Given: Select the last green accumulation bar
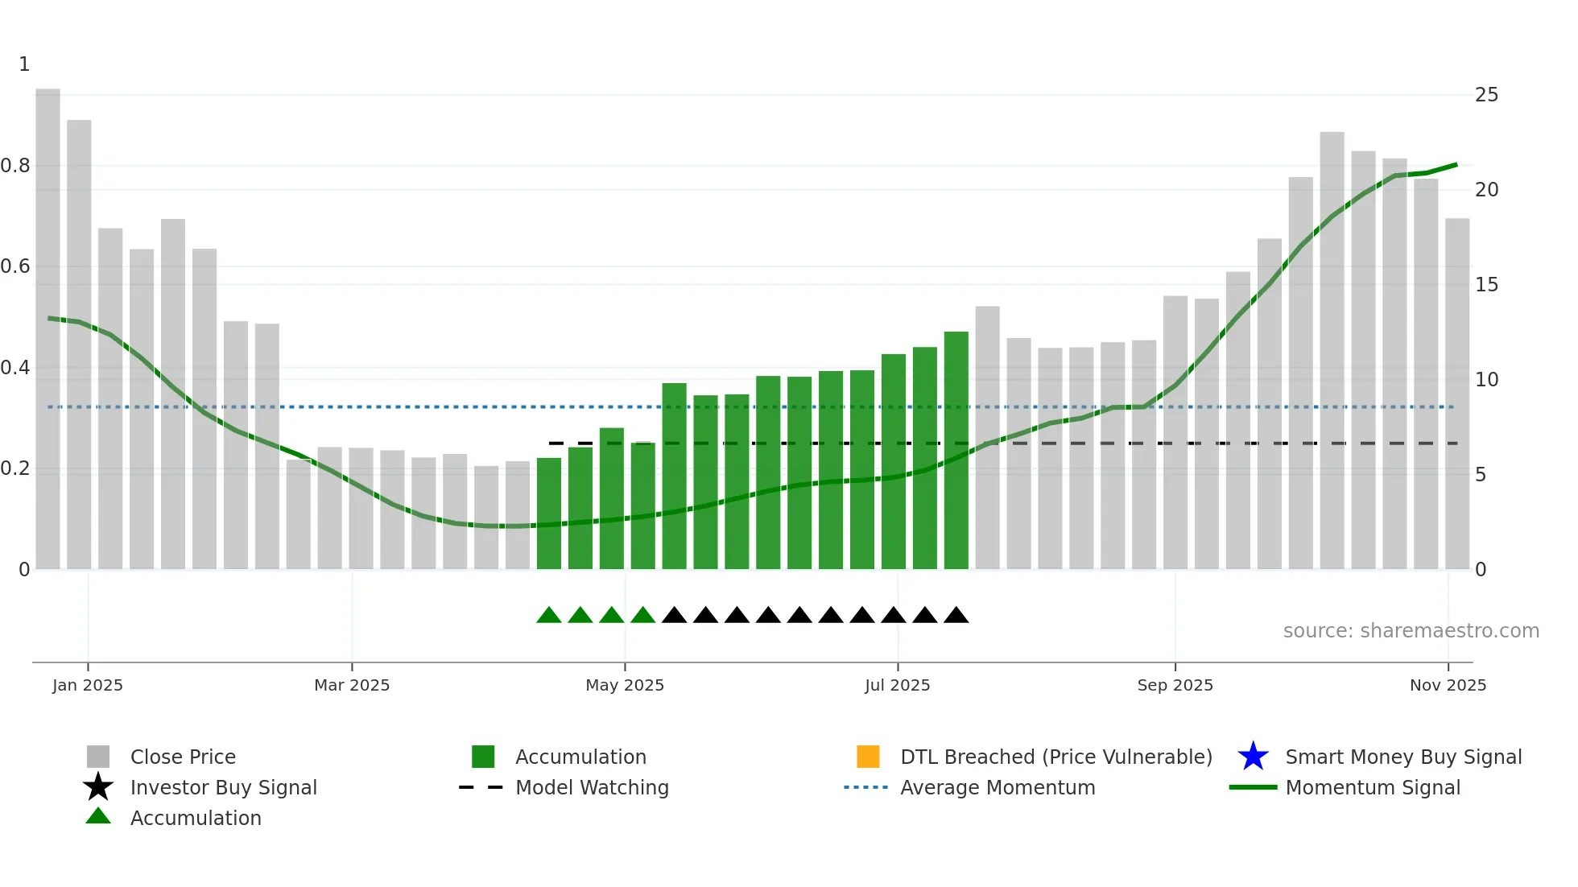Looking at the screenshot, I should (x=956, y=451).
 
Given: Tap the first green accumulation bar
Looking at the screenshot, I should (x=548, y=515).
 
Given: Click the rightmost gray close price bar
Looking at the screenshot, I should (x=1456, y=394).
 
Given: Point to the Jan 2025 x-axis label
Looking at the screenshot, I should (x=88, y=685).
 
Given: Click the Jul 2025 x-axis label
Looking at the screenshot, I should (x=897, y=685).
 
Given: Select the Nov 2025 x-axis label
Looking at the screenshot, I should (x=1448, y=685).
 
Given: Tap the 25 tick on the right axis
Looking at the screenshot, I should (x=1486, y=95).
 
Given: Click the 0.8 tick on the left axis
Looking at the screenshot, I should (x=15, y=166).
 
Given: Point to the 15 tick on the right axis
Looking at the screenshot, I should (x=1486, y=285).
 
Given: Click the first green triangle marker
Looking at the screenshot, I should (x=548, y=616).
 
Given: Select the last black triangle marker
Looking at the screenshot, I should (x=956, y=616).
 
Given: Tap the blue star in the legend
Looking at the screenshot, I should (x=1253, y=757).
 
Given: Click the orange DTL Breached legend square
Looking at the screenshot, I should (x=868, y=757).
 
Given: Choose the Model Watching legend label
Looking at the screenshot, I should (x=592, y=787).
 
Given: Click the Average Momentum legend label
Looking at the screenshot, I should (x=998, y=787).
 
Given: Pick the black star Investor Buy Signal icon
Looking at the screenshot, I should (x=98, y=787).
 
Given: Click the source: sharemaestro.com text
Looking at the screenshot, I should (x=1411, y=631).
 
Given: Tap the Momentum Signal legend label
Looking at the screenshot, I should (x=1373, y=787).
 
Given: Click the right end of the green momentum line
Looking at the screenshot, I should (x=1456, y=165).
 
